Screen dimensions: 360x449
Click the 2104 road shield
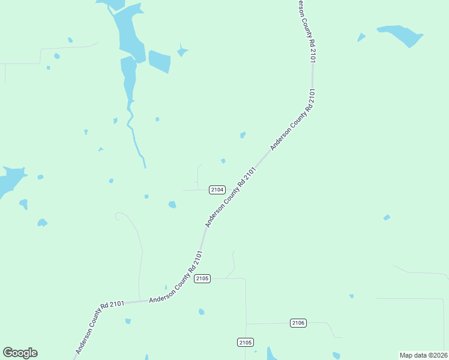pyautogui.click(x=217, y=190)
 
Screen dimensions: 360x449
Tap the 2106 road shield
pyautogui.click(x=298, y=323)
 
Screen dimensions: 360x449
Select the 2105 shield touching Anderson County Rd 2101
pyautogui.click(x=202, y=278)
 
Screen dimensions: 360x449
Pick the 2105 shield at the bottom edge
pyautogui.click(x=245, y=342)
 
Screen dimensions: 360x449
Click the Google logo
pyautogui.click(x=20, y=353)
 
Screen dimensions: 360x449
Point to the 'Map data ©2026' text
pyautogui.click(x=424, y=355)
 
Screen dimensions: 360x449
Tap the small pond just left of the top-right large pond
pyautogui.click(x=361, y=38)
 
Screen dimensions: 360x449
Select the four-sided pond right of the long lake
pyautogui.click(x=159, y=61)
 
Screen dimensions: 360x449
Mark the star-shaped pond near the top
pyautogui.click(x=182, y=52)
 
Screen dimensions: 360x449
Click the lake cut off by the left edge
pyautogui.click(x=9, y=181)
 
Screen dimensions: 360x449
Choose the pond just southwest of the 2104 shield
pyautogui.click(x=172, y=205)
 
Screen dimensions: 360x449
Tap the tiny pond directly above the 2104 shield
pyautogui.click(x=223, y=161)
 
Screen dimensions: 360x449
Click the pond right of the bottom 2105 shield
pyautogui.click(x=272, y=353)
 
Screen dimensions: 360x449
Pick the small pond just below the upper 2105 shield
pyautogui.click(x=202, y=311)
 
